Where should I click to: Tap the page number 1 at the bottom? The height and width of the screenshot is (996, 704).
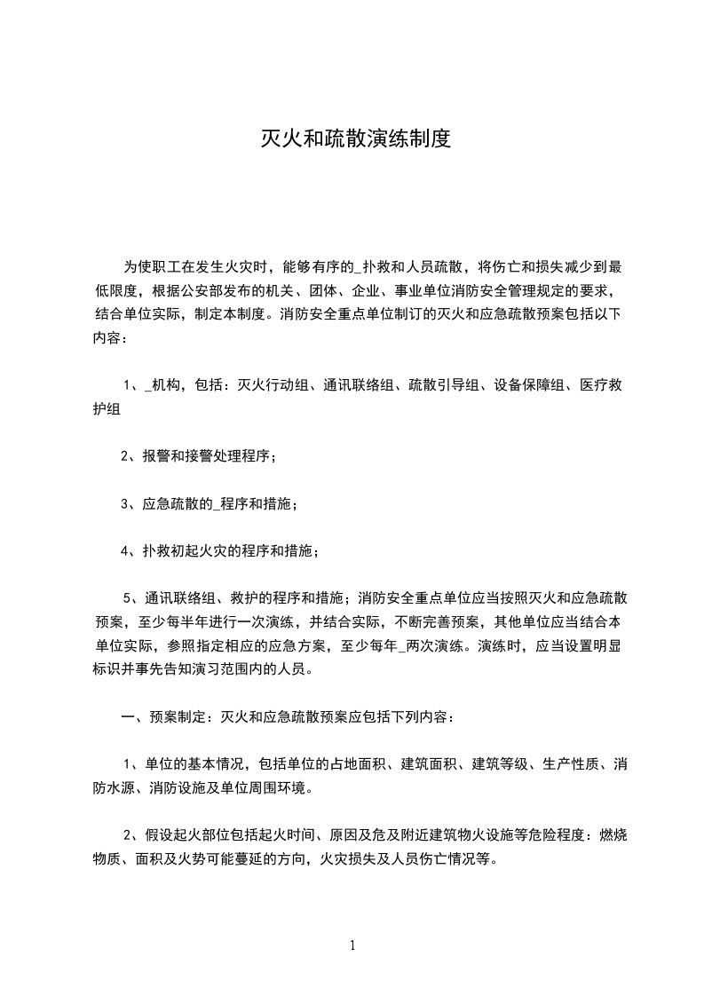point(352,945)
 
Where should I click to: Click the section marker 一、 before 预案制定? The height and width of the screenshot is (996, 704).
point(131,716)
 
